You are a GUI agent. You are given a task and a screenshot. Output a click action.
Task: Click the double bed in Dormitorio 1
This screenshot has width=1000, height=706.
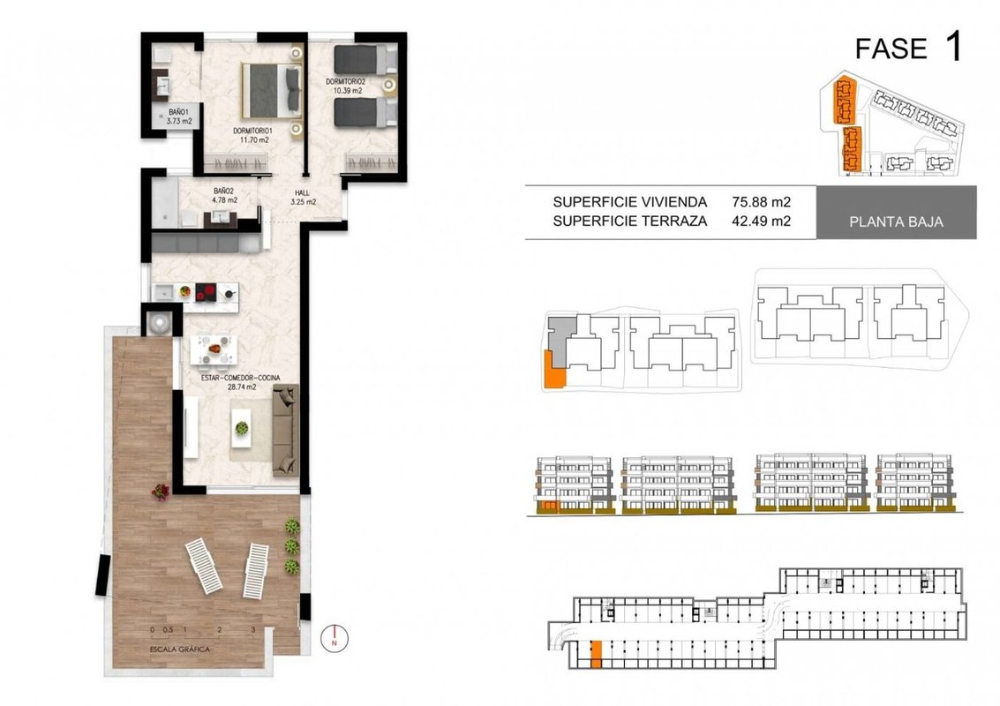271,91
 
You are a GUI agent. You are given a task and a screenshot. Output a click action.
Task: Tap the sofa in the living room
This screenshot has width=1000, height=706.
285,431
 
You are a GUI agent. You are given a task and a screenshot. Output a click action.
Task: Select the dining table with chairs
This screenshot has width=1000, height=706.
214,350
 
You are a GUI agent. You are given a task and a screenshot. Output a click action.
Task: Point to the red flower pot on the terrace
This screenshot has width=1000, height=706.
161,491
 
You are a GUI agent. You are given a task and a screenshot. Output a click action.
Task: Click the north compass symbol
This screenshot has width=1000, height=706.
335,638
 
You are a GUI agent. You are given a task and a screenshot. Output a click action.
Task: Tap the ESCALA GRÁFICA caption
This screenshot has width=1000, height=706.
180,650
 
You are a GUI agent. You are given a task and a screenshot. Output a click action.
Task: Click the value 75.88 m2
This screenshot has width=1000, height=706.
762,202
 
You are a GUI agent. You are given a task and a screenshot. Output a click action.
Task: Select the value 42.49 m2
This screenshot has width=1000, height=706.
762,222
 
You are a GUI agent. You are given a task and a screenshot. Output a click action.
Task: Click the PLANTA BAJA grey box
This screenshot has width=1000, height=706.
896,213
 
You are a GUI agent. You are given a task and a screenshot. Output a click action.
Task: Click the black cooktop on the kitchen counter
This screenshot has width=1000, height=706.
206,292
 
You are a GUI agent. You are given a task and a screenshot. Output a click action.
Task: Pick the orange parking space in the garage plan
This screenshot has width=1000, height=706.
597,655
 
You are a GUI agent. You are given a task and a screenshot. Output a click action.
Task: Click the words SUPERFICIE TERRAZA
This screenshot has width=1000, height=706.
630,222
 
